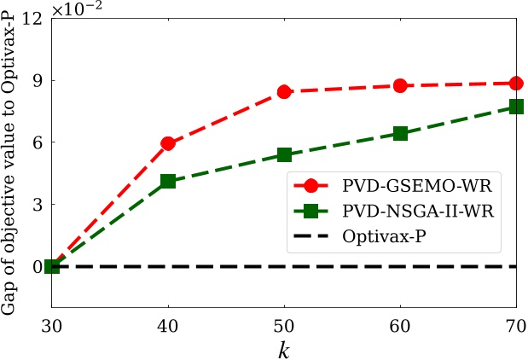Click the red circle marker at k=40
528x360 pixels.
point(168,143)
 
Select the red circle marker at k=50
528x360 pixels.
point(284,91)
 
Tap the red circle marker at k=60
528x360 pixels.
point(400,85)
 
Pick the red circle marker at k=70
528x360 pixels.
point(516,83)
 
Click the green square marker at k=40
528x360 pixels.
point(168,181)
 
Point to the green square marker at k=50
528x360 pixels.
point(284,154)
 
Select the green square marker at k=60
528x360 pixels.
point(400,133)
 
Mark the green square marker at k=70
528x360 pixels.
point(516,107)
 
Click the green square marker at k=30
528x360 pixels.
point(52,266)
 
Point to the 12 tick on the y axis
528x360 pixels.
point(33,18)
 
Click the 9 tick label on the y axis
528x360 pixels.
point(38,80)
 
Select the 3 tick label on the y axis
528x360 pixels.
point(38,205)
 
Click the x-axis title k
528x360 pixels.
point(284,348)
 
